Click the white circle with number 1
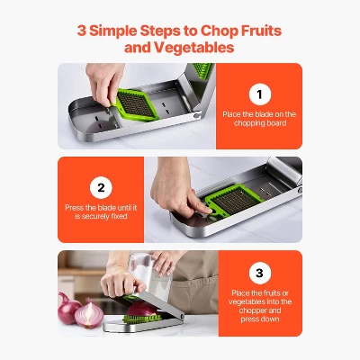258,94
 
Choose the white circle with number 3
258,274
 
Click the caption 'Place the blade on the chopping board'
258,120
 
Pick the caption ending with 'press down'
258,305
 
